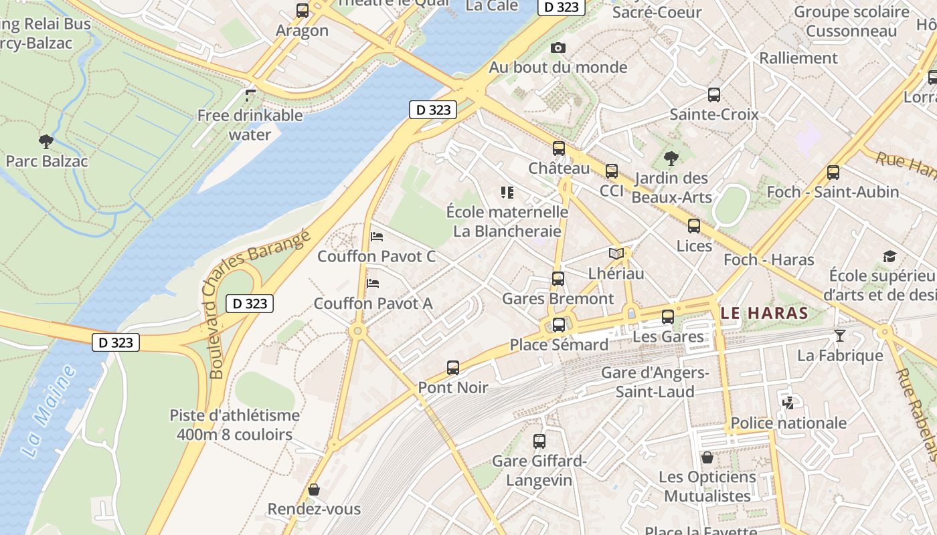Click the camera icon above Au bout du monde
point(558,48)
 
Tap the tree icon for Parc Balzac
point(46,141)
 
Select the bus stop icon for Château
point(559,149)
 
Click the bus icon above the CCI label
point(611,171)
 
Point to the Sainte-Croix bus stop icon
point(714,95)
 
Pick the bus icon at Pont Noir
point(453,368)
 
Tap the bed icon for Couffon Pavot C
point(377,237)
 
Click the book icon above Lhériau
point(616,254)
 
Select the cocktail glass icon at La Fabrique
point(840,335)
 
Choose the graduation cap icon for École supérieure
point(889,257)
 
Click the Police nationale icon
point(788,403)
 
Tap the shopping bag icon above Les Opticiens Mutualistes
point(707,457)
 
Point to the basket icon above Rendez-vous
point(314,490)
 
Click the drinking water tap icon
point(250,96)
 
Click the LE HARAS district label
point(765,313)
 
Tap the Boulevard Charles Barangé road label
point(256,304)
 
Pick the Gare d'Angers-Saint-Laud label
point(654,382)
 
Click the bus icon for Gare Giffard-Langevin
point(539,441)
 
